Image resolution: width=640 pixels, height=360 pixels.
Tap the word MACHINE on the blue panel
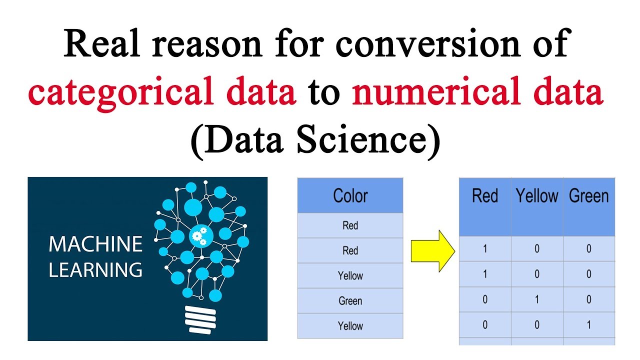(x=95, y=244)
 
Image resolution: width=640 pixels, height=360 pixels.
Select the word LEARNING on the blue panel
(x=95, y=270)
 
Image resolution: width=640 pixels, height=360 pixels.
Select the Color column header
(x=350, y=195)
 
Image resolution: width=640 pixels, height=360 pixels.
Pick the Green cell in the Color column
(x=350, y=301)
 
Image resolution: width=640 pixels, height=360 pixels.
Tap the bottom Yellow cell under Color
(x=350, y=326)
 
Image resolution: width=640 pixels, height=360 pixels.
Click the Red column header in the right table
(x=485, y=196)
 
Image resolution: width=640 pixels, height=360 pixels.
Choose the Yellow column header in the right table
(x=537, y=196)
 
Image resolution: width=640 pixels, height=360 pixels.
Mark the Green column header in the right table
(x=589, y=196)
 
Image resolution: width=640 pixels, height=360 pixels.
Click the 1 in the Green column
(x=589, y=325)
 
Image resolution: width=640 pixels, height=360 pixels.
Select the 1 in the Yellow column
(x=537, y=299)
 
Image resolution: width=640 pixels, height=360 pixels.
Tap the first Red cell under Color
(x=350, y=225)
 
